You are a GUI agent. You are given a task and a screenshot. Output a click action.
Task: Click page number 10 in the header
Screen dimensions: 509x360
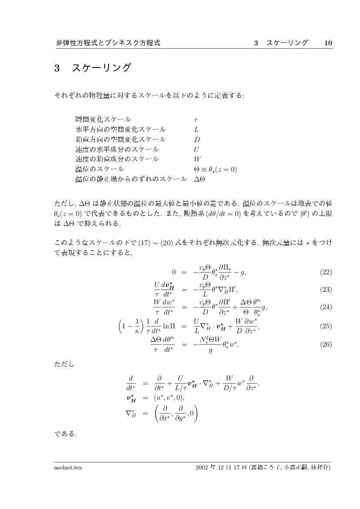(328, 43)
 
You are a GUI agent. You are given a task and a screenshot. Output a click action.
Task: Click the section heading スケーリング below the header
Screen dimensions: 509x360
(101, 68)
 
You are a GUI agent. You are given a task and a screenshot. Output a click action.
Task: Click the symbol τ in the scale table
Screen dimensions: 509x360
(196, 119)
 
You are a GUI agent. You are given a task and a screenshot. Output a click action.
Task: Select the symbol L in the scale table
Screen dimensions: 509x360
(197, 129)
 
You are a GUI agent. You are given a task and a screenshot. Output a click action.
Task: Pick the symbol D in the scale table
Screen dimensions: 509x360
(197, 139)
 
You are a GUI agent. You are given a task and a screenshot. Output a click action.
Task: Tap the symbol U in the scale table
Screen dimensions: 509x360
(197, 149)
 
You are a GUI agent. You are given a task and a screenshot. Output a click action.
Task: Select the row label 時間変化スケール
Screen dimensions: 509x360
(103, 119)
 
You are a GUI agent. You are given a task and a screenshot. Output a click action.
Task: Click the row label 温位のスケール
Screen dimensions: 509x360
(100, 169)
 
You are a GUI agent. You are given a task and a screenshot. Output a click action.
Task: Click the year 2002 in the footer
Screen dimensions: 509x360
(203, 468)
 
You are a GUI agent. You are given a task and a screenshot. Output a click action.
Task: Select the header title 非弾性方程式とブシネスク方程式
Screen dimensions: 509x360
(108, 43)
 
